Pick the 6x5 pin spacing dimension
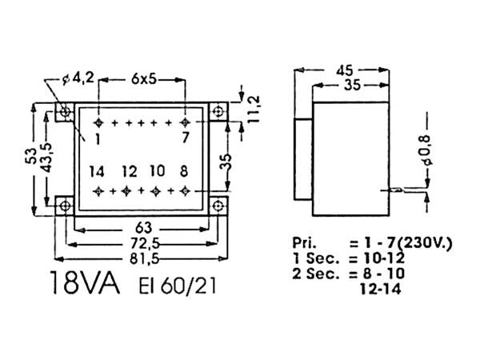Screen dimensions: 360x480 pos(143,80)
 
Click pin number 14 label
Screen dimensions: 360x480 pos(97,171)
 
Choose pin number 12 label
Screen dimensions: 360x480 pos(129,171)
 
